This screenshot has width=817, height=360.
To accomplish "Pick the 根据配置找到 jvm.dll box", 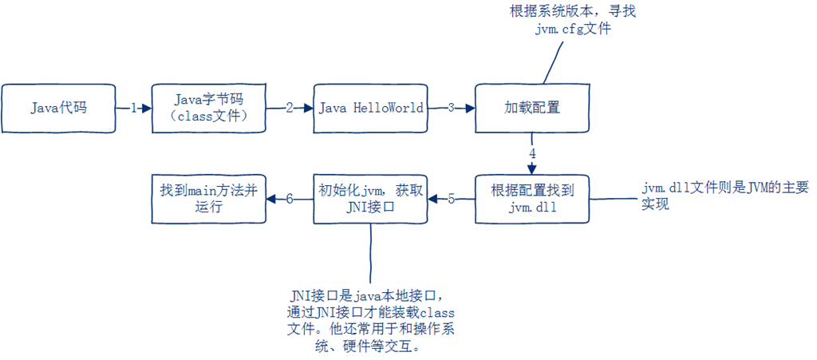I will pos(531,198).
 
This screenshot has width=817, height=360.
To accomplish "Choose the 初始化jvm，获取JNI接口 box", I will pos(371,198).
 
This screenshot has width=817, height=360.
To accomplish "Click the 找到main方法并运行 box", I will pos(209,198).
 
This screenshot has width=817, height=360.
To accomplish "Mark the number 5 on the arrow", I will pos(451,199).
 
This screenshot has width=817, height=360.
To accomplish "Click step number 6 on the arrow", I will pos(290,199).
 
